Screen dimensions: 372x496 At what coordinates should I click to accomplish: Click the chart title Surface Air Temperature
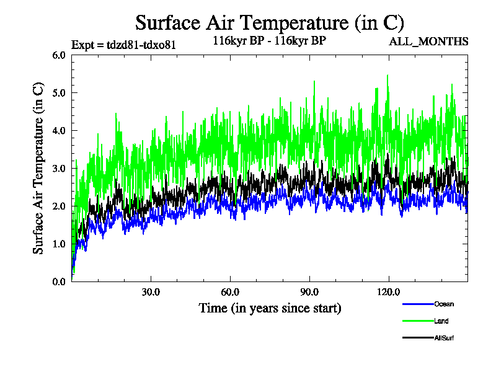270,23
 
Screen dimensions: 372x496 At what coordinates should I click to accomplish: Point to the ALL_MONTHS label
428,42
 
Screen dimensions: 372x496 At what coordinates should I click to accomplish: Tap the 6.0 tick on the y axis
59,55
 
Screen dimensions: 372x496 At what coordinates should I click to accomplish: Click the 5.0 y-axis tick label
59,93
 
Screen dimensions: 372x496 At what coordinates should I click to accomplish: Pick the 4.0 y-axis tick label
59,131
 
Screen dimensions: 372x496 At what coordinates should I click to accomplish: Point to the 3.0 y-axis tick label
59,169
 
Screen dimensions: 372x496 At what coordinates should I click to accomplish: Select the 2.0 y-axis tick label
59,206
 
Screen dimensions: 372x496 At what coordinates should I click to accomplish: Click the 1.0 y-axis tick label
59,244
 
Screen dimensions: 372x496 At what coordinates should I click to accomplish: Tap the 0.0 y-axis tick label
59,282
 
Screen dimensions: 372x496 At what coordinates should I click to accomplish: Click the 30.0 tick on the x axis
151,291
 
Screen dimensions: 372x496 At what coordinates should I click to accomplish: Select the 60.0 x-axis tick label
230,291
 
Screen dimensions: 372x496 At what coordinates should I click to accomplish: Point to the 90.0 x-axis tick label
309,291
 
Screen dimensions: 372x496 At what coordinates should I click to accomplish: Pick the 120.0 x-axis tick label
389,291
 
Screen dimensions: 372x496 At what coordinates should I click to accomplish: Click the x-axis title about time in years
270,308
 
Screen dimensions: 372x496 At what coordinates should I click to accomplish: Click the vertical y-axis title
38,169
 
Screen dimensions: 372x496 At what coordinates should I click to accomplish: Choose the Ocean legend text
443,304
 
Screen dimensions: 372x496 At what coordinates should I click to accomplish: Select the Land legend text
441,321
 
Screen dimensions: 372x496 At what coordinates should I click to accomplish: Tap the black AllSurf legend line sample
417,338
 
